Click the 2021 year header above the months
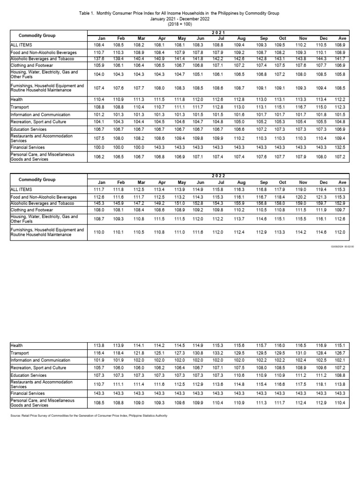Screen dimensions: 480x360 pos(218,32)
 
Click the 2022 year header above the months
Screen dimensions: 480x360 pos(218,176)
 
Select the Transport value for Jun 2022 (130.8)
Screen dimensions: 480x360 pos(198,352)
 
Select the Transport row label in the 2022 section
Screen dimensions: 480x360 pos(20,352)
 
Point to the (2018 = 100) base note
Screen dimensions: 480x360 pos(180,24)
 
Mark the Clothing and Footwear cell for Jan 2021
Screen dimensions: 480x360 pos(99,66)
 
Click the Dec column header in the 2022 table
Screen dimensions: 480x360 pos(322,182)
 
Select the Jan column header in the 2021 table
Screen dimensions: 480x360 pos(100,38)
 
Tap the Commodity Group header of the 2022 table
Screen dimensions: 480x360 pos(37,179)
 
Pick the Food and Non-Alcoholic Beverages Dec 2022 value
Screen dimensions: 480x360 pos(322,197)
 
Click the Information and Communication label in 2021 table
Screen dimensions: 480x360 pos(40,114)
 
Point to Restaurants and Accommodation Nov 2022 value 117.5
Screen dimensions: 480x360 pos(302,384)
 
